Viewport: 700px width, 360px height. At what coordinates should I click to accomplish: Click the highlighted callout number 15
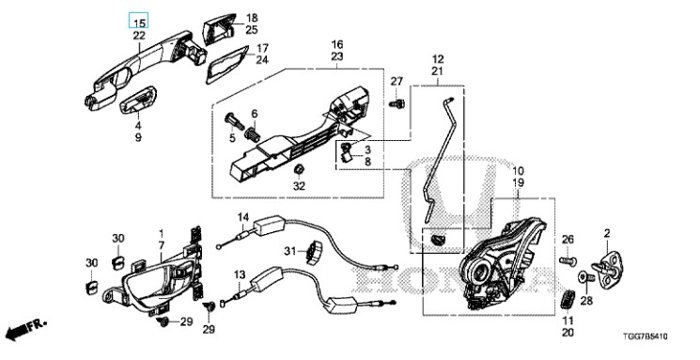(139, 23)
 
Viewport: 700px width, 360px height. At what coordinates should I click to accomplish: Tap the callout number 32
(299, 186)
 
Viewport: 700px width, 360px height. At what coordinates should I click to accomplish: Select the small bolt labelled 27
(397, 103)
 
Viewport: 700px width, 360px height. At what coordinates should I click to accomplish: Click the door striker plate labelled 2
(610, 270)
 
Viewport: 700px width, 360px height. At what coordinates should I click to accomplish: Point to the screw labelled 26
(568, 259)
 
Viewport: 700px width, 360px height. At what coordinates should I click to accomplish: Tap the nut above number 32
(299, 170)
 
